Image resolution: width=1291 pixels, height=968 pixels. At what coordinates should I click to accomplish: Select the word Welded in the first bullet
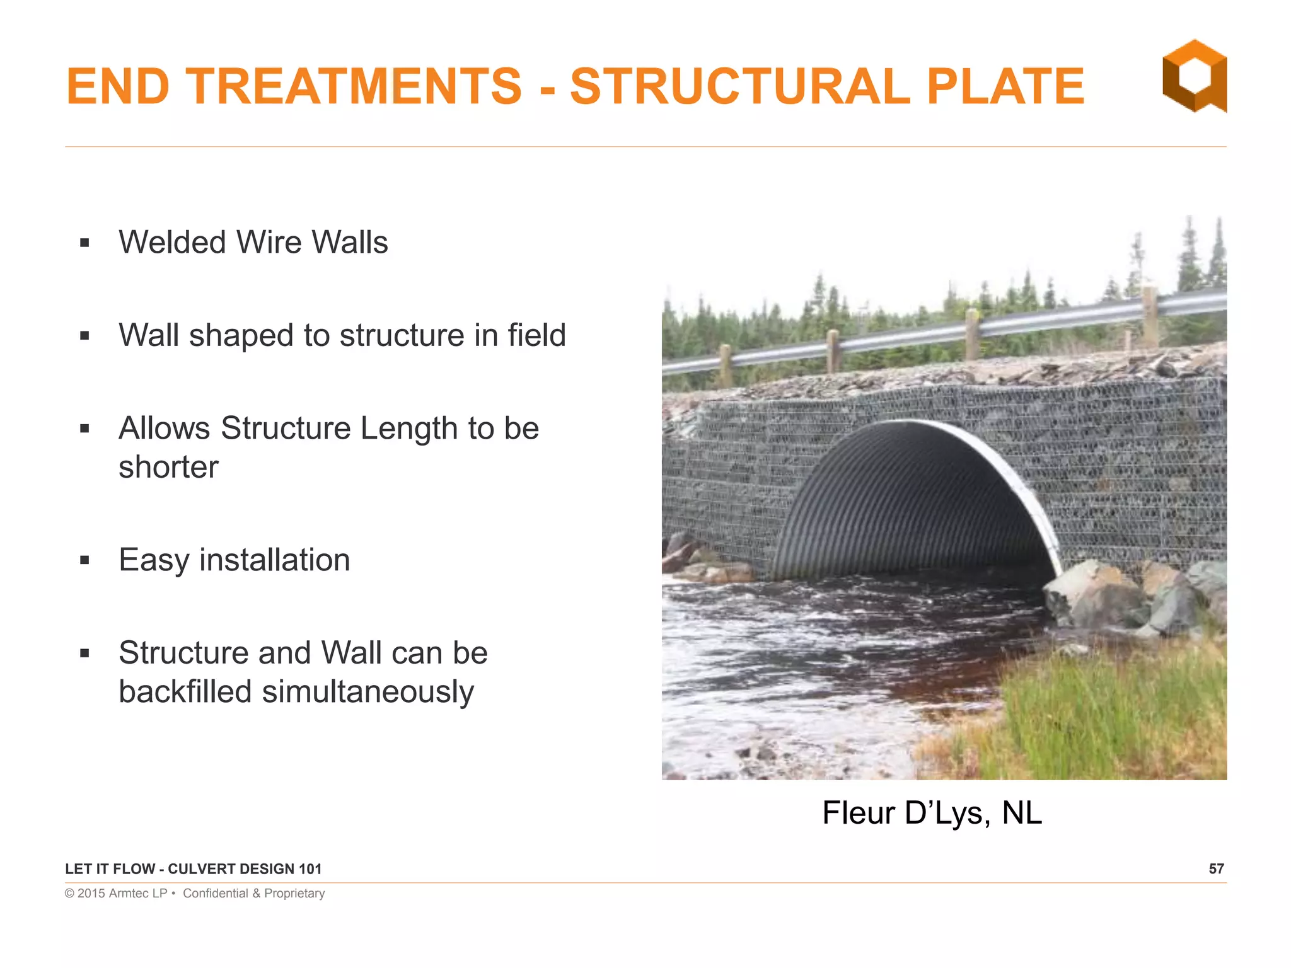tap(172, 243)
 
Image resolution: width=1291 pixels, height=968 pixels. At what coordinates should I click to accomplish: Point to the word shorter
tap(168, 468)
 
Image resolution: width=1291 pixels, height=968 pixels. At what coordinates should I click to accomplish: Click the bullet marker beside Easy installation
tap(85, 560)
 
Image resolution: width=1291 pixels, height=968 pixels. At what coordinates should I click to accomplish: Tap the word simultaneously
tap(368, 692)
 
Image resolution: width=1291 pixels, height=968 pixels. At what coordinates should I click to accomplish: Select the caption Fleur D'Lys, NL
tap(932, 813)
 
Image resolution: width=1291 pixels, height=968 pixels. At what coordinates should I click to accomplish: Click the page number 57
tap(1216, 869)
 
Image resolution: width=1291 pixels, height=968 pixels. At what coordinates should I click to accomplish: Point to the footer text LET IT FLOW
tap(110, 869)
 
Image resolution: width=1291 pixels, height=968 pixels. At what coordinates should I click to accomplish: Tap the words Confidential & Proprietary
tap(253, 894)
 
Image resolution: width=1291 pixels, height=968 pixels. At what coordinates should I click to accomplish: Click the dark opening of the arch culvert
tap(908, 510)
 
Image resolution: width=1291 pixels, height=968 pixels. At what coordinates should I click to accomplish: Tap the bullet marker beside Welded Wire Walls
tap(85, 243)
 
